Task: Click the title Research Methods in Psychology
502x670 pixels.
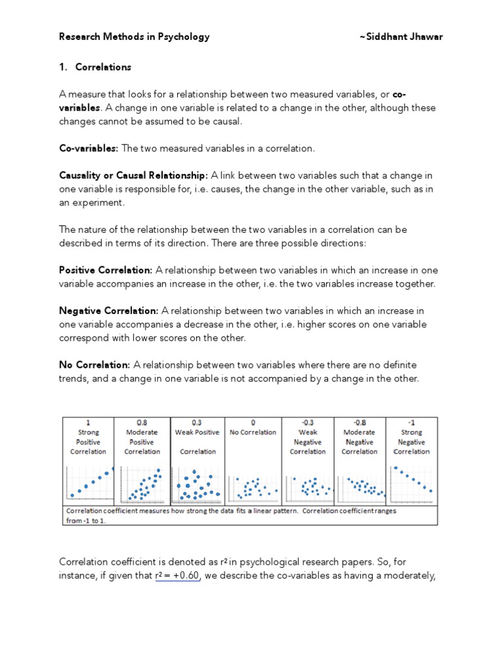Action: pyautogui.click(x=134, y=37)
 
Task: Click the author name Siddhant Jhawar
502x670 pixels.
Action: pyautogui.click(x=401, y=37)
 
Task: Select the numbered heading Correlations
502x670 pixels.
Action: pyautogui.click(x=103, y=67)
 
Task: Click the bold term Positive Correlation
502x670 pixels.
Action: pyautogui.click(x=106, y=270)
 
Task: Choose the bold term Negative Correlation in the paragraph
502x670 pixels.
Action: pyautogui.click(x=109, y=311)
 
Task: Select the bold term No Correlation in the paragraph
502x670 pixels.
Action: pyautogui.click(x=95, y=364)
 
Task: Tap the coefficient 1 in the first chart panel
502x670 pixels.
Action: pyautogui.click(x=88, y=423)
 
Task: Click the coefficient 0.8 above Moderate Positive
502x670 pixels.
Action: pyautogui.click(x=142, y=423)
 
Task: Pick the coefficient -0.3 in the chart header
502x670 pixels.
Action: pyautogui.click(x=307, y=423)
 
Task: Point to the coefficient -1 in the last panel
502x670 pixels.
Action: pyautogui.click(x=412, y=423)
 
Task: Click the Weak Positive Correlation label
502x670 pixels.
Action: pyautogui.click(x=197, y=442)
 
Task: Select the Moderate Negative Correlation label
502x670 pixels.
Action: pyautogui.click(x=359, y=442)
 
